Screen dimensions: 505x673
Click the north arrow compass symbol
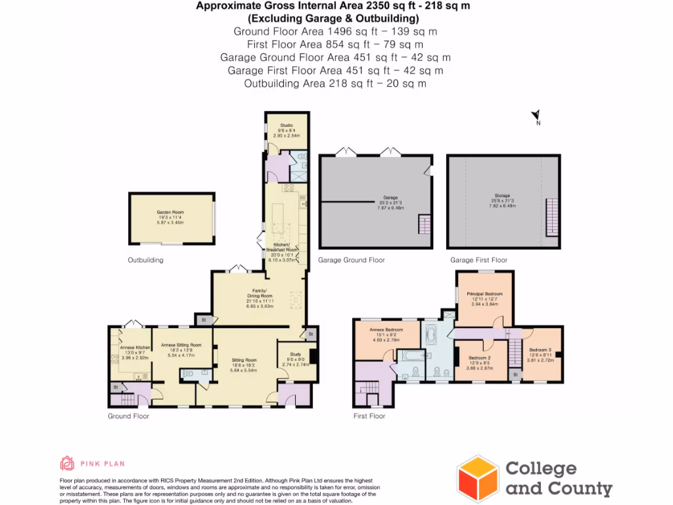536,117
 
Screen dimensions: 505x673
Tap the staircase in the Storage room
552,215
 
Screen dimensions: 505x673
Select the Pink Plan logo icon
67,464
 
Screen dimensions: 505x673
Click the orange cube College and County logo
478,478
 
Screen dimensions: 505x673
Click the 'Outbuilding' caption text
145,260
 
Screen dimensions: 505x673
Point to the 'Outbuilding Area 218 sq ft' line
335,84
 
